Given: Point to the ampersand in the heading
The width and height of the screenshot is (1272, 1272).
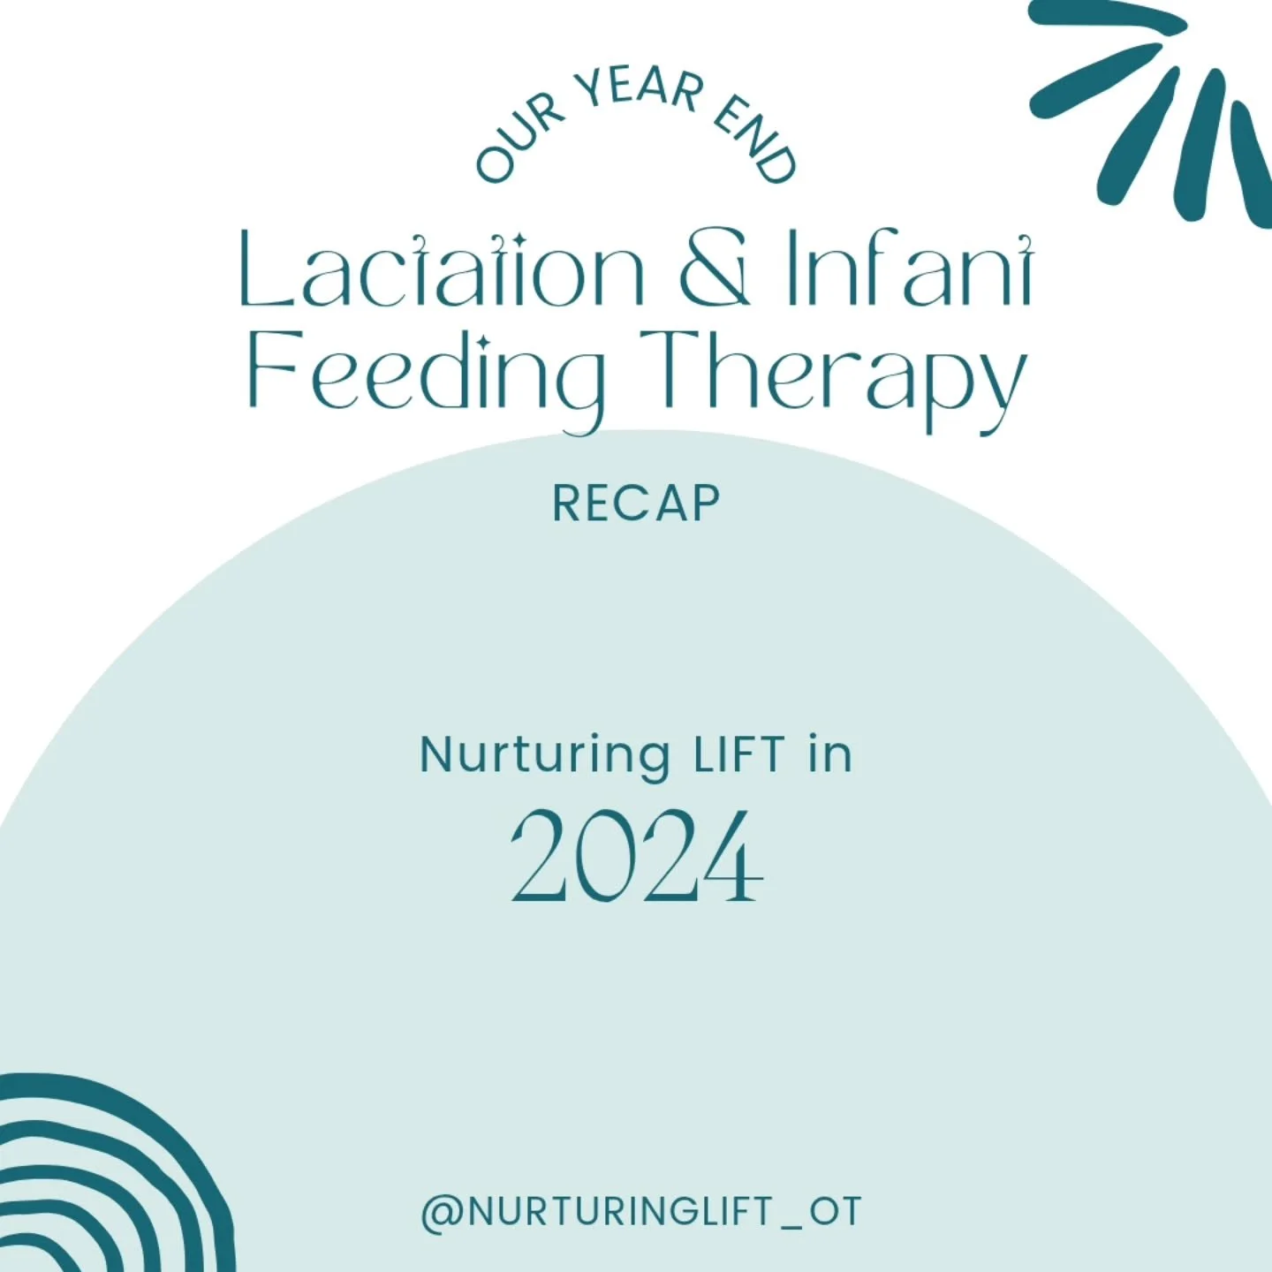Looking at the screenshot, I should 715,269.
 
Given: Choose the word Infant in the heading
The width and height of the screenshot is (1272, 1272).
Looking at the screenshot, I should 910,269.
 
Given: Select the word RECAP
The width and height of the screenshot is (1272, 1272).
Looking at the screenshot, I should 636,504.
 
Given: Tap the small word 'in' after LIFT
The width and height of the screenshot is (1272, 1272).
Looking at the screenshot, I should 830,755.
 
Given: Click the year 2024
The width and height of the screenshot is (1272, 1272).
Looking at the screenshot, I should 636,857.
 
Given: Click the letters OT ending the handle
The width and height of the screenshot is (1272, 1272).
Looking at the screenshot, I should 836,1212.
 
